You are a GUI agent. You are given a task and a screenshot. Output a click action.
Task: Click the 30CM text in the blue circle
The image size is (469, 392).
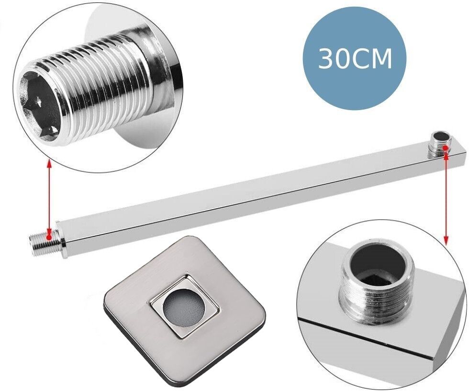tap(355, 59)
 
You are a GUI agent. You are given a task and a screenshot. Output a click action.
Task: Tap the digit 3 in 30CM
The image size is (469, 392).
tap(325, 59)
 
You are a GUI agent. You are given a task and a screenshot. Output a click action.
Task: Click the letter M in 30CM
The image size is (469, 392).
tap(382, 59)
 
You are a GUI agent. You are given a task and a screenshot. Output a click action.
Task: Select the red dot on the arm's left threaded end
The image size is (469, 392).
tap(49, 237)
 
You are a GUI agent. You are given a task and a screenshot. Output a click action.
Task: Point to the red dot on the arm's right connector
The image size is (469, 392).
tap(445, 148)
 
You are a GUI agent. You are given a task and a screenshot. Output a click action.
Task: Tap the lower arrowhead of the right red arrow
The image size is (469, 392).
tap(446, 241)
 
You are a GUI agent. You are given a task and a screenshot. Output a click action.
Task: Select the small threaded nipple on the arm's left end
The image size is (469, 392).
tap(44, 238)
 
